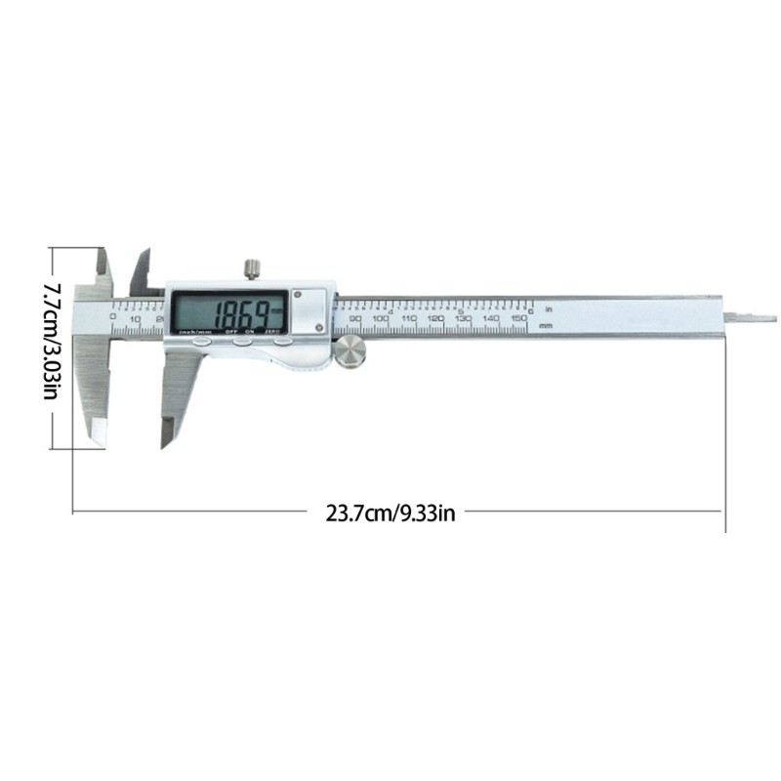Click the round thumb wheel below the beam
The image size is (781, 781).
(x=350, y=352)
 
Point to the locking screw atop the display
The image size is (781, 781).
(x=251, y=267)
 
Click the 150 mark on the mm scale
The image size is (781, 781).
(x=519, y=319)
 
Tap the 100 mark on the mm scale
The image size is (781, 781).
(x=382, y=319)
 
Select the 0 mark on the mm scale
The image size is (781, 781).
(x=113, y=317)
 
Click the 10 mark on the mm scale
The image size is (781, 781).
(x=135, y=319)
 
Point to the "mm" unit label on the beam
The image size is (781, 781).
(x=546, y=324)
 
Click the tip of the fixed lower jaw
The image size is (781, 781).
(x=97, y=436)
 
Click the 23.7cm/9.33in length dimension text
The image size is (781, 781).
(x=390, y=513)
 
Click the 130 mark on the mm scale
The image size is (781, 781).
(x=464, y=319)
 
